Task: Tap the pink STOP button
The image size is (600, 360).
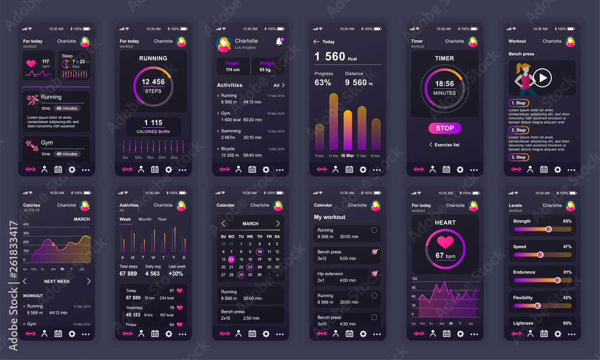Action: tap(445, 128)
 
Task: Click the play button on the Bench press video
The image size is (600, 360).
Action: tap(542, 77)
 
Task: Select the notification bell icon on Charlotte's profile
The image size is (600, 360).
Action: tap(278, 41)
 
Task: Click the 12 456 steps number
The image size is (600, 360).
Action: tap(153, 82)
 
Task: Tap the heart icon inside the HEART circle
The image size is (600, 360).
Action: tap(445, 242)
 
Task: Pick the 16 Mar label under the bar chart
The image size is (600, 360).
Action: tap(347, 155)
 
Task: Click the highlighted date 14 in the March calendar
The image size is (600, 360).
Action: tap(232, 260)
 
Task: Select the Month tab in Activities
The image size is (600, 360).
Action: tap(145, 219)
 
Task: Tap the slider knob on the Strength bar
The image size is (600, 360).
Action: tap(548, 229)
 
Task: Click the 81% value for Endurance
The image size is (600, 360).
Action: tap(567, 272)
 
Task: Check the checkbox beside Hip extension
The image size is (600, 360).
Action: tap(374, 274)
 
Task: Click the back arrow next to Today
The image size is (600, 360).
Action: tap(316, 41)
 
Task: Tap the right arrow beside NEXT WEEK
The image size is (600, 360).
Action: tap(89, 281)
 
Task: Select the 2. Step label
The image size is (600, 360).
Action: tap(518, 130)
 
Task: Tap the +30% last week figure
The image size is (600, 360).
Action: tap(176, 274)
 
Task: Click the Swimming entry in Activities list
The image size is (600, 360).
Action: tap(230, 131)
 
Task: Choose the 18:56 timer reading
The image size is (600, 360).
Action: tap(445, 84)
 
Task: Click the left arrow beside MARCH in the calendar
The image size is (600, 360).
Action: tap(223, 223)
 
